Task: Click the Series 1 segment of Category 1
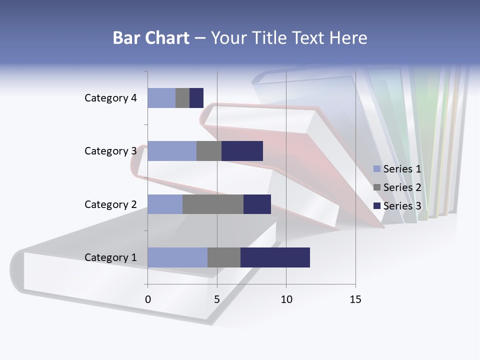(x=177, y=257)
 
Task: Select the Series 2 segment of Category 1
(x=224, y=257)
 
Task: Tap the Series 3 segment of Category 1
(x=275, y=257)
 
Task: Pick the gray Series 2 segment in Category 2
(x=213, y=204)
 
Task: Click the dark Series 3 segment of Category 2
(x=257, y=204)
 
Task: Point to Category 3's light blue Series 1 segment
(x=172, y=151)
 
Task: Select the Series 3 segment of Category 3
(x=242, y=151)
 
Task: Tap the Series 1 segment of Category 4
(x=161, y=98)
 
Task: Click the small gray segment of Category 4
(x=182, y=98)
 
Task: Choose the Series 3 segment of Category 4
(x=196, y=98)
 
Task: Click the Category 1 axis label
(x=110, y=257)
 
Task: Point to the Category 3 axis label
(x=110, y=151)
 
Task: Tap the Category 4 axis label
(x=110, y=98)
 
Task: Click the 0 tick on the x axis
(x=148, y=299)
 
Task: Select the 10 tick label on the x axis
(x=286, y=299)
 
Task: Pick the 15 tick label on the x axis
(x=355, y=299)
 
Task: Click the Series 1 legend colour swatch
(x=377, y=169)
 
